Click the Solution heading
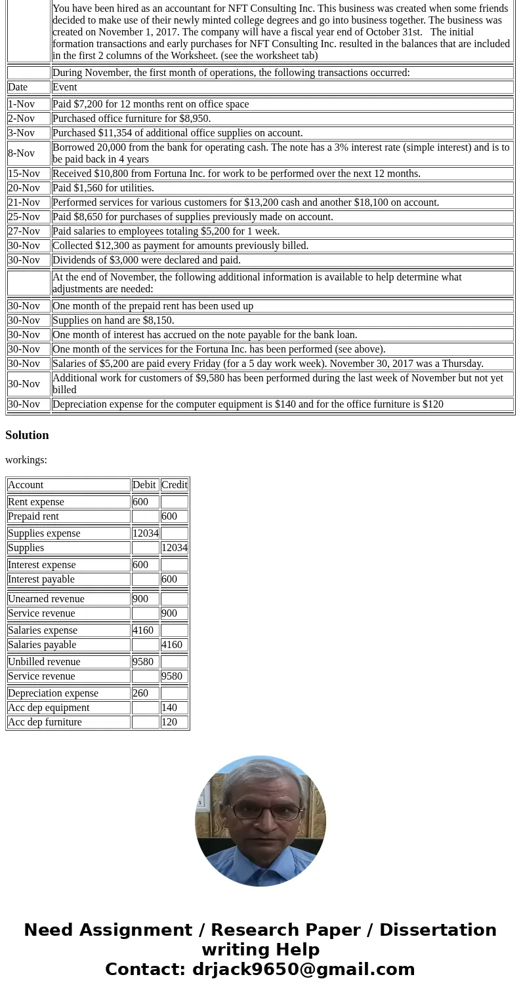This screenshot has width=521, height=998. (x=27, y=435)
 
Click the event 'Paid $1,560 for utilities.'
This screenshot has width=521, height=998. (x=103, y=188)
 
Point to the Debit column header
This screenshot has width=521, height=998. (x=144, y=485)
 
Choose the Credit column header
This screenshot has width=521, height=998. (x=174, y=485)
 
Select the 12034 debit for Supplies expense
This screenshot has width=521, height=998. (x=145, y=533)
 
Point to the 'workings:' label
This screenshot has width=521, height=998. (x=26, y=460)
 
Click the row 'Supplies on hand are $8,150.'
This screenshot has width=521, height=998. (x=113, y=320)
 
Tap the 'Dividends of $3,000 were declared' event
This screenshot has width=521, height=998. (x=146, y=260)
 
